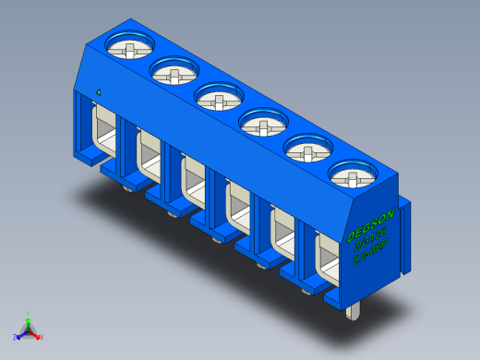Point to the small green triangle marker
coord(98,92)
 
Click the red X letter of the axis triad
coord(41,337)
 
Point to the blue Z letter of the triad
coord(16,337)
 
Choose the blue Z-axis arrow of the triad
coord(22,332)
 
